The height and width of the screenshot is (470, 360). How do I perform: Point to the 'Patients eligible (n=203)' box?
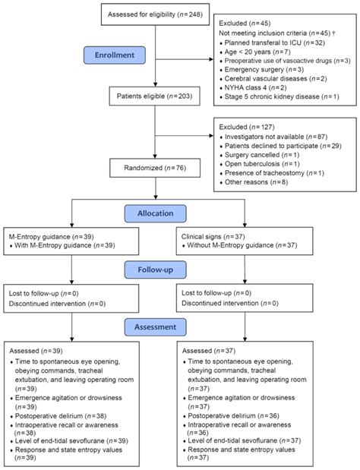coord(155,117)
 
